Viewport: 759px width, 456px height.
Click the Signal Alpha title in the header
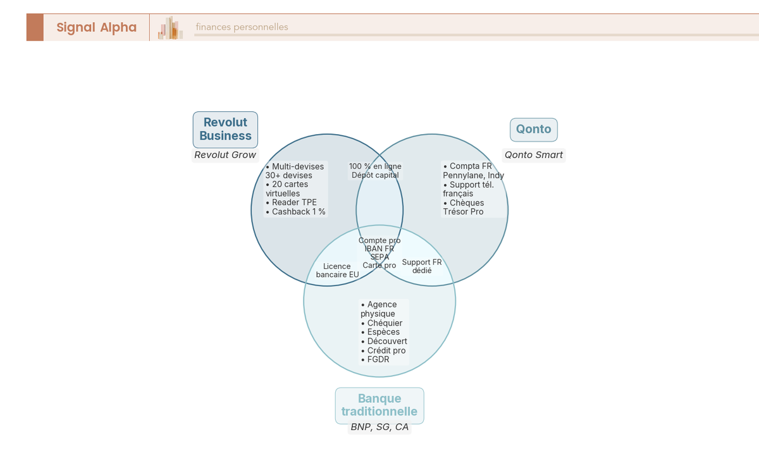click(x=96, y=27)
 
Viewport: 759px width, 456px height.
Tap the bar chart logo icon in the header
click(x=170, y=28)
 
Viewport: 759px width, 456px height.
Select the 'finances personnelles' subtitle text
click(x=242, y=27)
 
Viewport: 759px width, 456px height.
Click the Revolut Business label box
click(x=225, y=129)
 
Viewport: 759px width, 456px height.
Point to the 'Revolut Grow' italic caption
click(x=225, y=155)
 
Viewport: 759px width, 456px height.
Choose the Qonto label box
click(x=533, y=130)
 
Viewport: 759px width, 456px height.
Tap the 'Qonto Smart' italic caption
click(x=533, y=155)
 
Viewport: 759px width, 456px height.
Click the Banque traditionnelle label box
click(x=379, y=405)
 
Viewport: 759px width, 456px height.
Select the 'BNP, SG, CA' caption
click(x=379, y=428)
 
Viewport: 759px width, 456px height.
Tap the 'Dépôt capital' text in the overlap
click(x=375, y=175)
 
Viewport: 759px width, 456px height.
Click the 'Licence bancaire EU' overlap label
click(x=337, y=271)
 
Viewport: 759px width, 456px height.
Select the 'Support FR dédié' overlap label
click(x=422, y=266)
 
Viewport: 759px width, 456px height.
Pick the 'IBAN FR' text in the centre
click(x=379, y=249)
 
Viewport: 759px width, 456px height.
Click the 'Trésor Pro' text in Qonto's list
click(x=463, y=212)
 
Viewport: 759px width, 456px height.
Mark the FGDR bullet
click(x=378, y=360)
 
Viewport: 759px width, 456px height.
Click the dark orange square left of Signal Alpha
click(x=35, y=27)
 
